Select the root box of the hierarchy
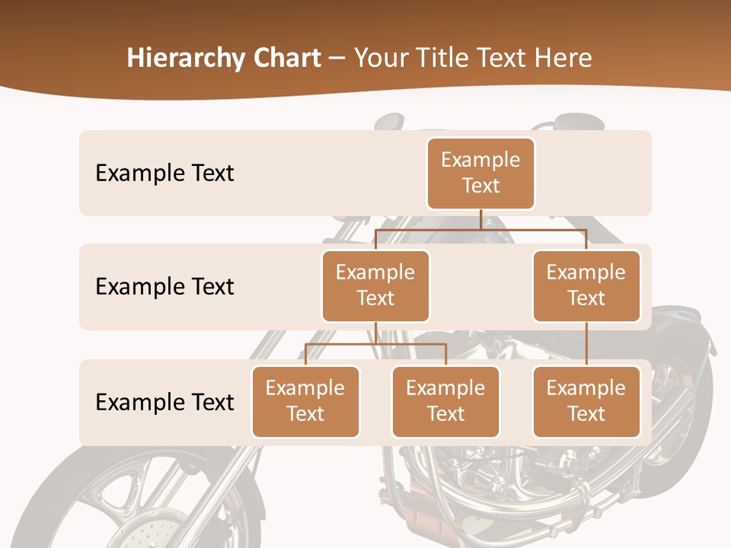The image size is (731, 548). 480,173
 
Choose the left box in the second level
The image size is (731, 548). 375,285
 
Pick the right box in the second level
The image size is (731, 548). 586,285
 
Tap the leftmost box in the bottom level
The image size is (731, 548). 305,401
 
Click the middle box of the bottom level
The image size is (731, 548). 445,401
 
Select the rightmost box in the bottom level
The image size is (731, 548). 586,401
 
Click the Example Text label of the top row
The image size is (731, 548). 164,174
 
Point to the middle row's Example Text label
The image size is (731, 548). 164,287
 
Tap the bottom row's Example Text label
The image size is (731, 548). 164,402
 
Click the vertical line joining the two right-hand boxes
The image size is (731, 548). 586,344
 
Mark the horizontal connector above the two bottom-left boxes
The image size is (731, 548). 375,344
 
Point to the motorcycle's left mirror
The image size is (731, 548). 389,122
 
